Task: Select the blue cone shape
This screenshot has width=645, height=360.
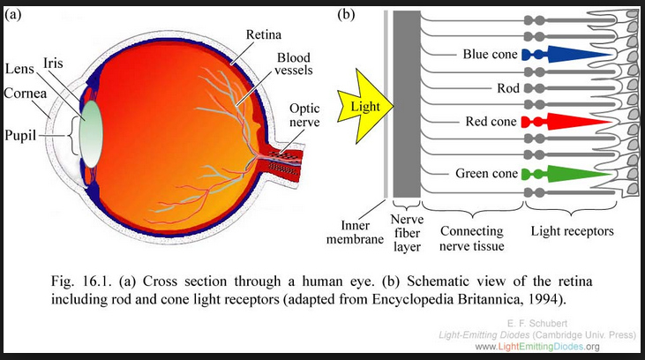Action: (574, 53)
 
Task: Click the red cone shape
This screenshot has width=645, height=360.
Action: (574, 120)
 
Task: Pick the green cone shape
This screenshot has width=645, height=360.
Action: (574, 173)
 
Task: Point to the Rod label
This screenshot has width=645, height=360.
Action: (506, 88)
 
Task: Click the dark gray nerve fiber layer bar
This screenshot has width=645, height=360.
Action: (406, 106)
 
